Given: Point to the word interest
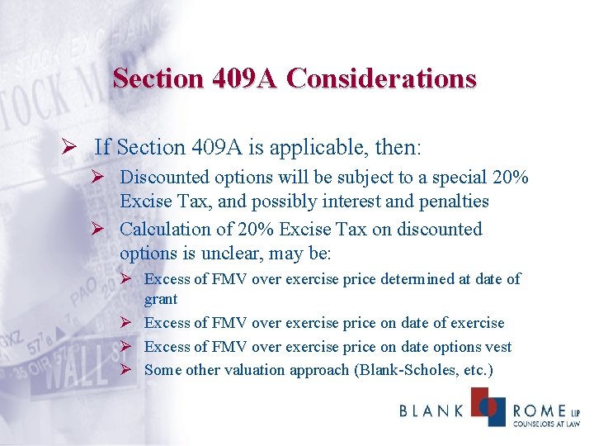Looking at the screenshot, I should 354,201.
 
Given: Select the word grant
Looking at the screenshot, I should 161,298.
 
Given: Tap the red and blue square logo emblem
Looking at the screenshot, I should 488,406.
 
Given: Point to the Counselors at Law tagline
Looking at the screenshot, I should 546,425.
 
